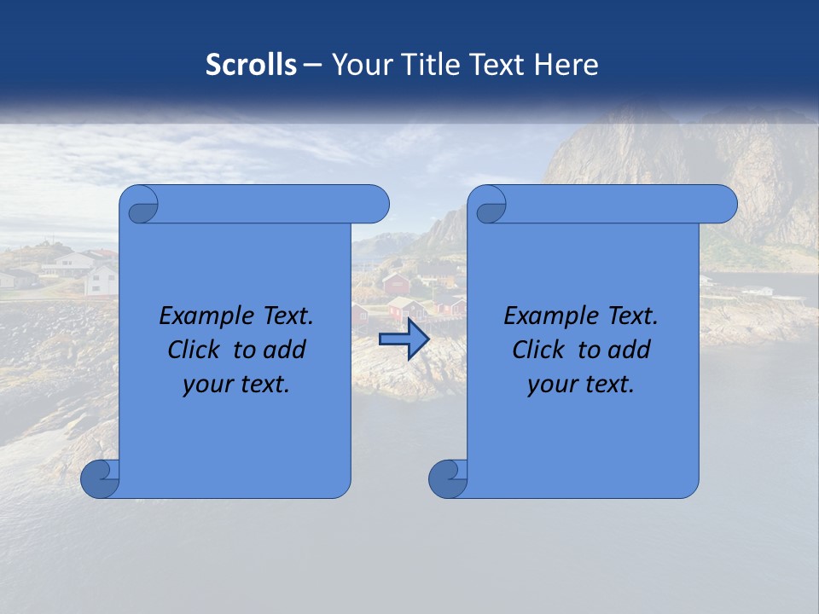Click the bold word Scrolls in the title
[251, 65]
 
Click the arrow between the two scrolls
[404, 339]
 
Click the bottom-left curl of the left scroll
[100, 479]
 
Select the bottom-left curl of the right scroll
[448, 479]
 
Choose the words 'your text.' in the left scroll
[235, 384]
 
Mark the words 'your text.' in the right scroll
[580, 384]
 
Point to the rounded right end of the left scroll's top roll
[375, 205]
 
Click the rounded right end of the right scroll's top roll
[723, 205]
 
